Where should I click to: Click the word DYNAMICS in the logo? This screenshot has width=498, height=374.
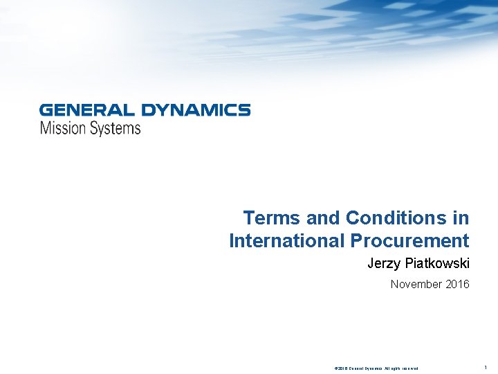click(x=196, y=110)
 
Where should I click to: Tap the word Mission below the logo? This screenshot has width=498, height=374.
click(x=62, y=128)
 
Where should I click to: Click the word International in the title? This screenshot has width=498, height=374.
click(x=286, y=241)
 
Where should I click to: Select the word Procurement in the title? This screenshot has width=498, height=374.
click(x=409, y=241)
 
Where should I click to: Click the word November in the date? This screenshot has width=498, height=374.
click(x=415, y=284)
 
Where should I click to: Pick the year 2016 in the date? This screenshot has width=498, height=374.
click(x=456, y=284)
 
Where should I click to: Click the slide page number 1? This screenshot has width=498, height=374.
click(x=486, y=367)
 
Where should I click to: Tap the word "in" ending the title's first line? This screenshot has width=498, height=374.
click(x=461, y=218)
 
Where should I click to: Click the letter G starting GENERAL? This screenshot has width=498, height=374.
click(x=46, y=110)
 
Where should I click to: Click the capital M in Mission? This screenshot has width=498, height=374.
click(x=46, y=128)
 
